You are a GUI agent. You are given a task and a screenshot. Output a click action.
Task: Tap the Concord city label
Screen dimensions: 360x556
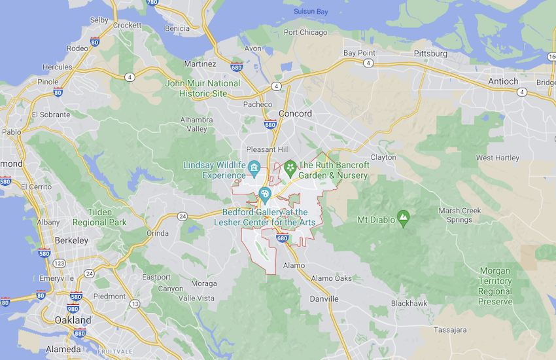tap(295, 113)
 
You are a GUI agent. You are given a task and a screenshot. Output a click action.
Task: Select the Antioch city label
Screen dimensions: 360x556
tap(502, 81)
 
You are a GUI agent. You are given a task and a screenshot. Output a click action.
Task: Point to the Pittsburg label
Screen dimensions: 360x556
tap(430, 53)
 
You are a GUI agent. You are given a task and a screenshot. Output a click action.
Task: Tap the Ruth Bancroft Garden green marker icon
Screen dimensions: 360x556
tap(289, 170)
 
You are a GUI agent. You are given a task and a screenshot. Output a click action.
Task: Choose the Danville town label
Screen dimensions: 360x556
tap(324, 298)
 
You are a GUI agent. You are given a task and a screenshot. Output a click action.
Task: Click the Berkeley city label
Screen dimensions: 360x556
tap(71, 240)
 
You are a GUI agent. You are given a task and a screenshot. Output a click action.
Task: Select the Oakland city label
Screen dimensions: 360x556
tap(73, 320)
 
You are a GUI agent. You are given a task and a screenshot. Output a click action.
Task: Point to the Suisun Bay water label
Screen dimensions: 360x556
tap(311, 11)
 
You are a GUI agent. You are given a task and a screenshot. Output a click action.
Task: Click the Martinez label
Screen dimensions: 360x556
tap(200, 64)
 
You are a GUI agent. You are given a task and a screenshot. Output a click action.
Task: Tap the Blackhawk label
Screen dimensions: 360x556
tap(409, 303)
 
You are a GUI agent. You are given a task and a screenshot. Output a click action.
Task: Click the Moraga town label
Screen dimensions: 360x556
tap(203, 283)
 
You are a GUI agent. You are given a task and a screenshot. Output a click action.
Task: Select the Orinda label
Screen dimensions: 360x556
tap(157, 233)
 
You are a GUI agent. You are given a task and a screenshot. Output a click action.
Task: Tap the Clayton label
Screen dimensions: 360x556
tap(383, 157)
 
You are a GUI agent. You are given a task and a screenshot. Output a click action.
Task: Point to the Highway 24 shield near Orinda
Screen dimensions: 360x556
tap(182, 217)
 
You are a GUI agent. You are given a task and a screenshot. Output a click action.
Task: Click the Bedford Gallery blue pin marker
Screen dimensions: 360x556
tap(265, 194)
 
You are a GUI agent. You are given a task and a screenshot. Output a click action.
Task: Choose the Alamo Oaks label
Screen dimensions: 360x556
tap(331, 278)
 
